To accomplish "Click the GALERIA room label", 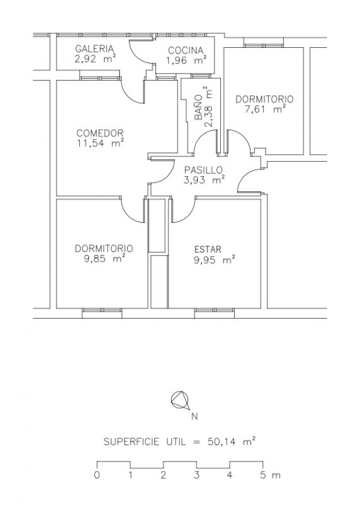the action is (94, 48).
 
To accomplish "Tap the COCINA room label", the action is (186, 50).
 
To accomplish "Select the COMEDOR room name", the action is (100, 133).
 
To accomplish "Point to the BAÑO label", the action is (198, 108).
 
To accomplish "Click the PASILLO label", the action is (203, 170).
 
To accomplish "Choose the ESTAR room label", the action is (208, 249).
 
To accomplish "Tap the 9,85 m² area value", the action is (104, 259).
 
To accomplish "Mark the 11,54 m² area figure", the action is (101, 143).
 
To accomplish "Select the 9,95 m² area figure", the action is (215, 260).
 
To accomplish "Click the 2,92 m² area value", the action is (95, 59).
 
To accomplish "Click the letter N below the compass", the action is (194, 416).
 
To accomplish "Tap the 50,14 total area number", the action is (221, 442).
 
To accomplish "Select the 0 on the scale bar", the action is (97, 475).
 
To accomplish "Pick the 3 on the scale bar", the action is (196, 475).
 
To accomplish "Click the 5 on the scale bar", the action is (263, 475).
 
